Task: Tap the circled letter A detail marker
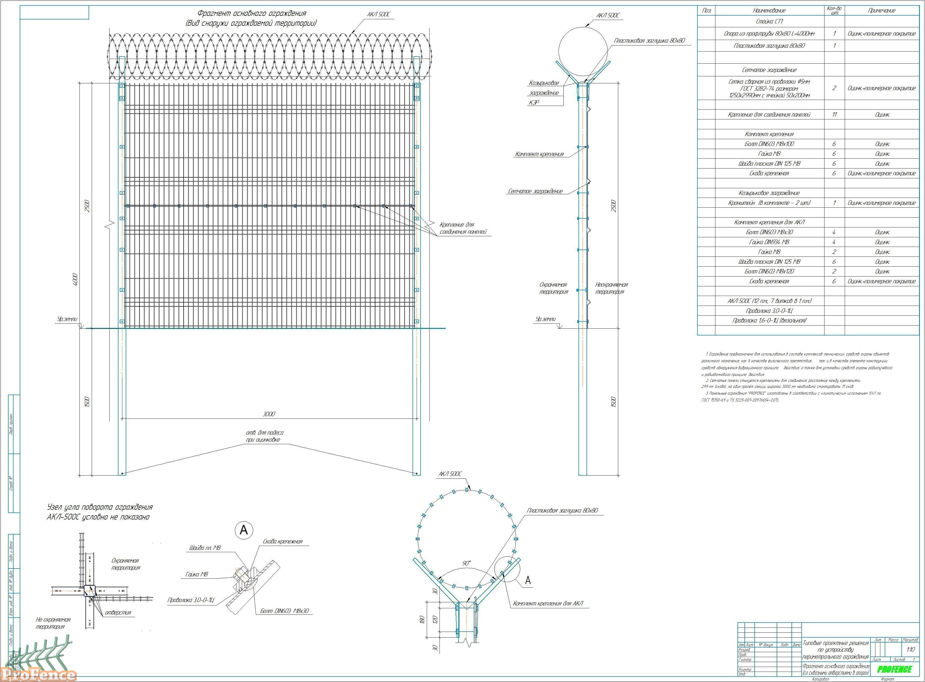point(244,530)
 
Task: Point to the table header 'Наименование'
point(769,11)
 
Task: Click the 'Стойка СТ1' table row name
point(769,22)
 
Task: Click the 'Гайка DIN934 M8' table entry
point(769,242)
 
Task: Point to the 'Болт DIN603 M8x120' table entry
point(769,272)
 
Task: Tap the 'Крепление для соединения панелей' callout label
point(462,228)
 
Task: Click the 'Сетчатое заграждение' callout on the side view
point(535,191)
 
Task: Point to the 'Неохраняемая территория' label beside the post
point(611,288)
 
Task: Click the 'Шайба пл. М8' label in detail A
point(205,548)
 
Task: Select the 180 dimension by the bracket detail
point(422,620)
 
